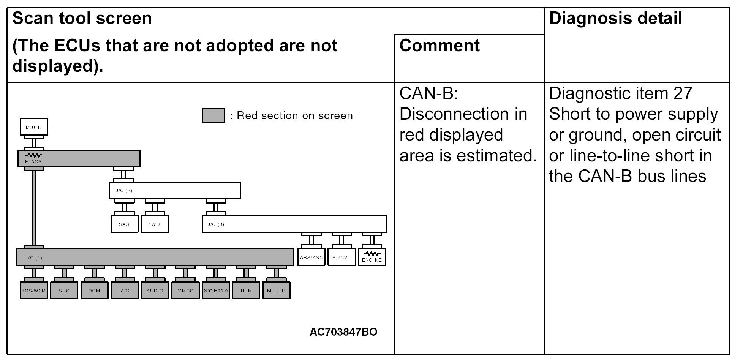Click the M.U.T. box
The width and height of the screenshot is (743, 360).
coord(34,127)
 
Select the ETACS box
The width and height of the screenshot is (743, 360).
coord(79,158)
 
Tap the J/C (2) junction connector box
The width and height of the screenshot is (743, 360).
coord(175,190)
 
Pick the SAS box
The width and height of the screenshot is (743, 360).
coord(124,224)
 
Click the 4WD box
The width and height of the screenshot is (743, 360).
coord(154,224)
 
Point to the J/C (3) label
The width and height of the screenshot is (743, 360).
coord(216,224)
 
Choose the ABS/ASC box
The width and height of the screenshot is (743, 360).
coord(311,257)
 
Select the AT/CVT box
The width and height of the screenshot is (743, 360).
coord(341,257)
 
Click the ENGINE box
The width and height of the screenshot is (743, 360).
coord(372,257)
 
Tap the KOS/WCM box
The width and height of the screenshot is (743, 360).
coord(34,291)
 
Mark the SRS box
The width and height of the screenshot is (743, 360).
coord(64,291)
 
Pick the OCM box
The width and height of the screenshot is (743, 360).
coord(94,291)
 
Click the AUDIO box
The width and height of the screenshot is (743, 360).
coord(155,291)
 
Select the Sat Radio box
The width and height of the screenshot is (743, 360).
coord(216,291)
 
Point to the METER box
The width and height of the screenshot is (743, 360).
coord(276,291)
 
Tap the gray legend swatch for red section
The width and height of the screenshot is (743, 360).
coord(213,115)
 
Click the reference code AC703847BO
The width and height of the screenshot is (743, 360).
coord(343,332)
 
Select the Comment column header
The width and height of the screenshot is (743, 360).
coord(439,46)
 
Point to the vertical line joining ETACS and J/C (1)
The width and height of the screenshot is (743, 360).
coord(34,207)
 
